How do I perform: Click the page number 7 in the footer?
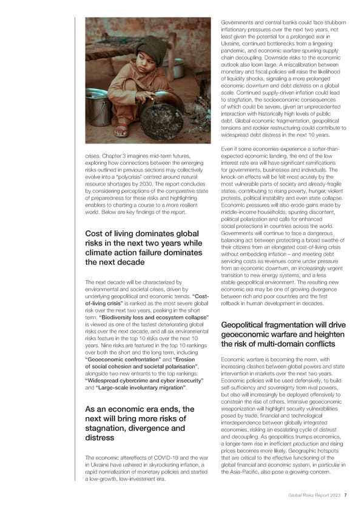[345, 495]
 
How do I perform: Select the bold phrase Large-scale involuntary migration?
[143, 387]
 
